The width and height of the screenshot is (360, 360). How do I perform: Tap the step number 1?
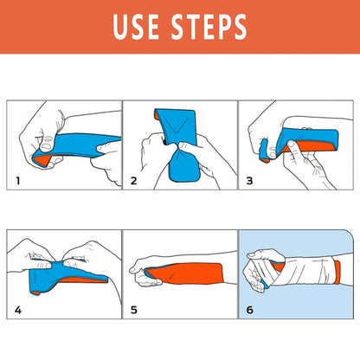click(x=17, y=182)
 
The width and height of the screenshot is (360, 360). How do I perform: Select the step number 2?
click(x=133, y=182)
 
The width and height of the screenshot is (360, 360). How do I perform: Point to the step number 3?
click(x=249, y=182)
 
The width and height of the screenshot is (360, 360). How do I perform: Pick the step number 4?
click(x=17, y=309)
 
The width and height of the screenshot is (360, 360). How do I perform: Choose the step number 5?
click(x=133, y=309)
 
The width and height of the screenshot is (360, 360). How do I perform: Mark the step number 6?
click(x=249, y=309)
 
